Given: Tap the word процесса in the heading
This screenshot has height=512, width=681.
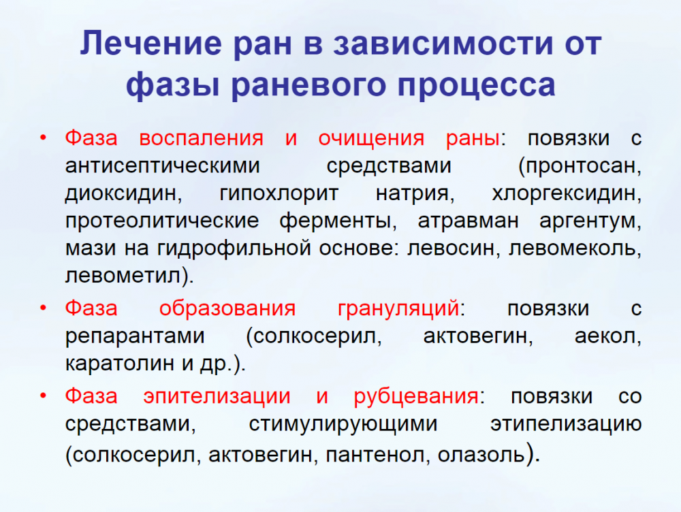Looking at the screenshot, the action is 476,85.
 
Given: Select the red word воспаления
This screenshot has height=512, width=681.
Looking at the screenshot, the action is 201,138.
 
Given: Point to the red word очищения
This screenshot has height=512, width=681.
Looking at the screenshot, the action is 371,139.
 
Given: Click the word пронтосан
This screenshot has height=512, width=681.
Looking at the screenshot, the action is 580,166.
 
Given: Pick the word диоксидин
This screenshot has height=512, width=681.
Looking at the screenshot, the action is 123,194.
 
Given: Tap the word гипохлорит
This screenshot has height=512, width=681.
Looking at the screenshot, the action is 279,194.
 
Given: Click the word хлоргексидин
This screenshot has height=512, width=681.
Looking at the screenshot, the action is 567,194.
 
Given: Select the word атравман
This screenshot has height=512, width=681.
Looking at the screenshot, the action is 468,221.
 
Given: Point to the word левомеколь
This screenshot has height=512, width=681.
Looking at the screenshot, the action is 575,249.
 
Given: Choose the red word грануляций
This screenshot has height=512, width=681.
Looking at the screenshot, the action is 398,309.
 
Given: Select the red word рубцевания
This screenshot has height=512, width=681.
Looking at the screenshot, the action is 416,397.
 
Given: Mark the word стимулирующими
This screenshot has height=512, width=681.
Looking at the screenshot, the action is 343,424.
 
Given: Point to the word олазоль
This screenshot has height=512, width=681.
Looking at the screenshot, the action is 481,455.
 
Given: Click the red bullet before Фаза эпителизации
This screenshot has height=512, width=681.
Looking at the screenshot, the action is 43,396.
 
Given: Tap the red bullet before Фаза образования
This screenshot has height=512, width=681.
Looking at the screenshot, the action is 43,308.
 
